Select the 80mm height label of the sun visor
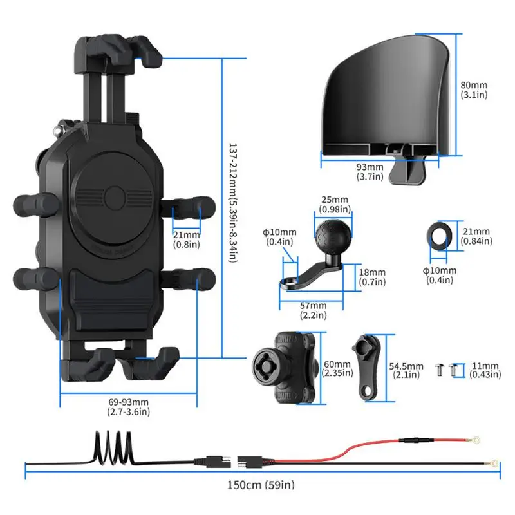tap(475, 89)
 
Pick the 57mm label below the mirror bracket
tap(314, 310)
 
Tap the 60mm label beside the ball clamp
tap(337, 368)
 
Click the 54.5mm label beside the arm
tap(407, 370)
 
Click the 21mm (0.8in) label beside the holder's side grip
tap(186, 239)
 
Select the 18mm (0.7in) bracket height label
tap(372, 276)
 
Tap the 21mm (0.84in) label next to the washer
tap(476, 236)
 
